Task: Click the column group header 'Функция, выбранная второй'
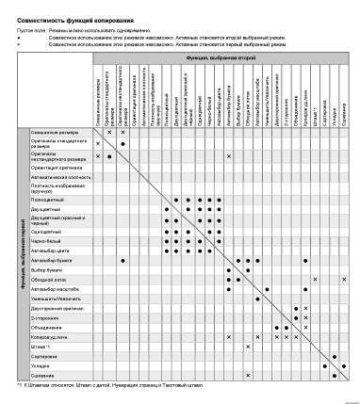(221, 58)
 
